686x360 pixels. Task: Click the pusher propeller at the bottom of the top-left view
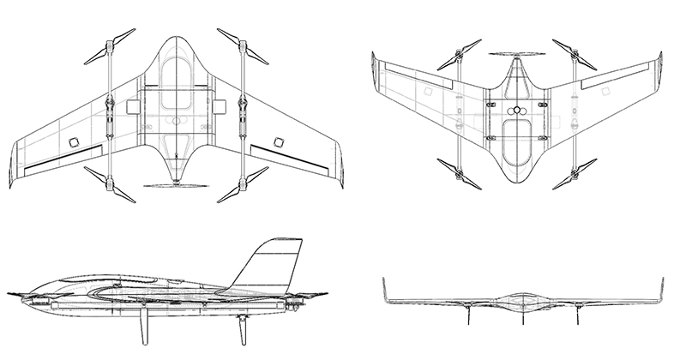[x=176, y=184]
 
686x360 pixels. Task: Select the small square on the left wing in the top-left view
[x=74, y=141]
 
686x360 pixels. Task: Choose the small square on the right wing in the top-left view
[x=278, y=141]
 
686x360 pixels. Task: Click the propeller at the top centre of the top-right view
[x=517, y=57]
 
